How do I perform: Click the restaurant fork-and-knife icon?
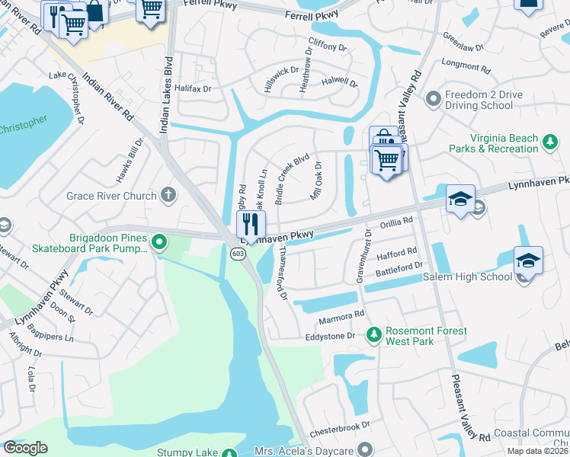click(x=251, y=224)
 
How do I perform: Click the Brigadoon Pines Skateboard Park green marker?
click(x=159, y=243)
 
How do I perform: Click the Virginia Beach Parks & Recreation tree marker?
click(x=549, y=141)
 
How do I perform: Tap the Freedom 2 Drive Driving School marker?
click(x=433, y=98)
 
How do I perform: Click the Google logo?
click(x=24, y=448)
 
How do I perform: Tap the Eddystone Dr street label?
click(x=331, y=336)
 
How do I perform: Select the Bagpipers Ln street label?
click(x=48, y=328)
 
